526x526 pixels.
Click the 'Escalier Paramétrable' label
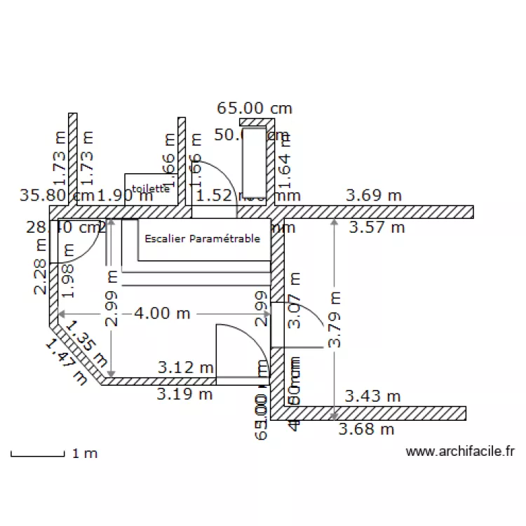[202, 238]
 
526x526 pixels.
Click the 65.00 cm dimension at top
[255, 108]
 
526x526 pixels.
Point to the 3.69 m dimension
[374, 196]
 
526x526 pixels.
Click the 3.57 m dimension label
[377, 227]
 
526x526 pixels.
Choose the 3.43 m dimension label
[372, 396]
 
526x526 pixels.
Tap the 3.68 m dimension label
[366, 429]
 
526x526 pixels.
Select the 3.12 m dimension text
[185, 367]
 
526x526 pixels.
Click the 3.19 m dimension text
[184, 393]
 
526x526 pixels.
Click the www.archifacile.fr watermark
[460, 452]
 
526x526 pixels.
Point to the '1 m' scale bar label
[85, 454]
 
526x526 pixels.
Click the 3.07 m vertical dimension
[295, 299]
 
